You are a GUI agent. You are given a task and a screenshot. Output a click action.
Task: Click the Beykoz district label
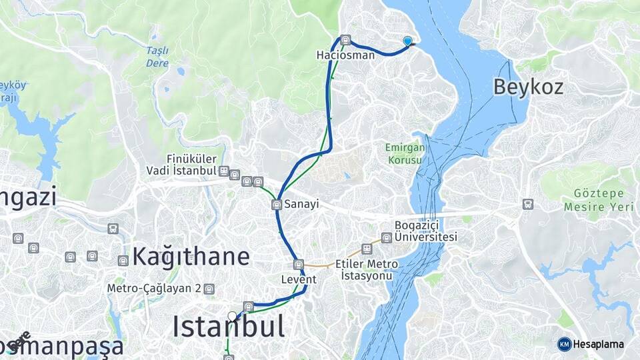(528, 86)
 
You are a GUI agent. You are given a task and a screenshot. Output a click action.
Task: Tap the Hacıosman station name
(345, 55)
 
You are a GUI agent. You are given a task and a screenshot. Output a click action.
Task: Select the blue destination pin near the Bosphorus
(408, 41)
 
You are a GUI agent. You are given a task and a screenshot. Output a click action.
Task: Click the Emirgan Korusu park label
(403, 154)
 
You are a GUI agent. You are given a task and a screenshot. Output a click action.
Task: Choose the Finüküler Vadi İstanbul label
(182, 165)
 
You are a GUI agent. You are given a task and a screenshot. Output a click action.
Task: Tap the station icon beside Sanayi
(277, 205)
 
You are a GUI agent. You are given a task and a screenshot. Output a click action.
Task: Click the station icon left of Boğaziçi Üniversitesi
(387, 237)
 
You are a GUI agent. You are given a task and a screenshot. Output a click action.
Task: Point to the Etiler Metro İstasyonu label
(367, 269)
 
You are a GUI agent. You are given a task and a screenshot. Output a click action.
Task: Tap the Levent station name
(298, 279)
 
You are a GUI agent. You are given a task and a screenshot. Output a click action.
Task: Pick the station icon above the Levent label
(299, 264)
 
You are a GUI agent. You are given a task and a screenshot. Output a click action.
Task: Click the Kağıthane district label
(191, 256)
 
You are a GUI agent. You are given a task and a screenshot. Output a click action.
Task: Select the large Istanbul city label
(229, 327)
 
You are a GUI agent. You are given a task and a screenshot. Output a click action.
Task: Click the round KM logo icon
(564, 344)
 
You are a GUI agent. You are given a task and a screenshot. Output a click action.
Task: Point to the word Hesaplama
(599, 345)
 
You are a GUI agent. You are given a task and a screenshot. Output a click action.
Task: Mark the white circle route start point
(232, 315)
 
